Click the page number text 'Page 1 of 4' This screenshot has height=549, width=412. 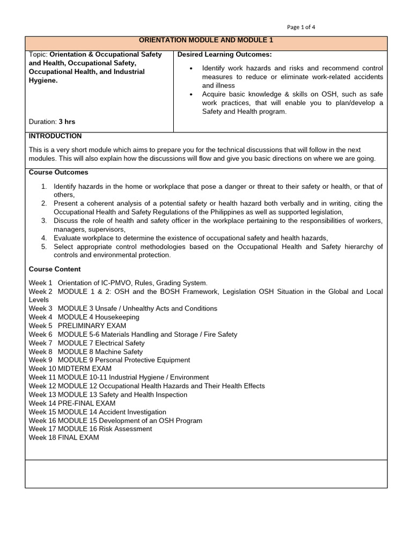pos(305,27)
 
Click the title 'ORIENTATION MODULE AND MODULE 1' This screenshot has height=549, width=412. pos(206,40)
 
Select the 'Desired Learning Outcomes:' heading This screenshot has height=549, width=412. pos(224,55)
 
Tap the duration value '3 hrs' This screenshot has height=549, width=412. pos(67,122)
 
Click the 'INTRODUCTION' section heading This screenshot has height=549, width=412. pos(55,136)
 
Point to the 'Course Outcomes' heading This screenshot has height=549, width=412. pos(58,173)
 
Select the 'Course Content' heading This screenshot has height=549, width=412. pos(55,269)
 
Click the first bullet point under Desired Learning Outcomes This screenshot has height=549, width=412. pos(192,69)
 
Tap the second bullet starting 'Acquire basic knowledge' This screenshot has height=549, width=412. pos(192,94)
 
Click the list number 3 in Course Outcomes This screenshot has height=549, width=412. pos(44,221)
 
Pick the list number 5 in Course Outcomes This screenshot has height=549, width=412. pos(44,247)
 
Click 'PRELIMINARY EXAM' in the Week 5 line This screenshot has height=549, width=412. pos(92,325)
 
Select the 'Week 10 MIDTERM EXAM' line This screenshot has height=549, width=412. pos(70,369)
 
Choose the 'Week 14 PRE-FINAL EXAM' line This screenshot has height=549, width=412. pos(72,403)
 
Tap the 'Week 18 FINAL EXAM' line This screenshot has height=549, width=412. pos(64,437)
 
